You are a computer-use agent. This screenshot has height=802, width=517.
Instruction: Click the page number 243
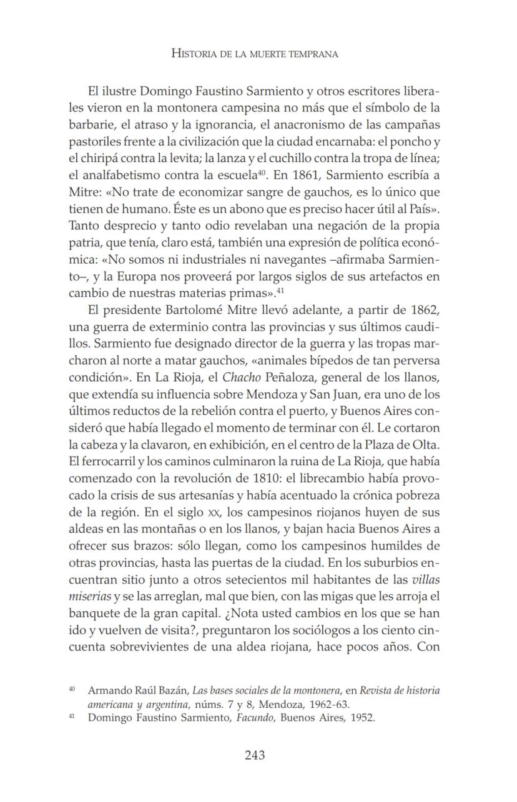pos(255,755)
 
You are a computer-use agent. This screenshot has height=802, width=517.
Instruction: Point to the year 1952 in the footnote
pos(362,718)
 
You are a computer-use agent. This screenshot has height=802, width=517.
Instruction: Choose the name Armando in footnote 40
pos(109,691)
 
